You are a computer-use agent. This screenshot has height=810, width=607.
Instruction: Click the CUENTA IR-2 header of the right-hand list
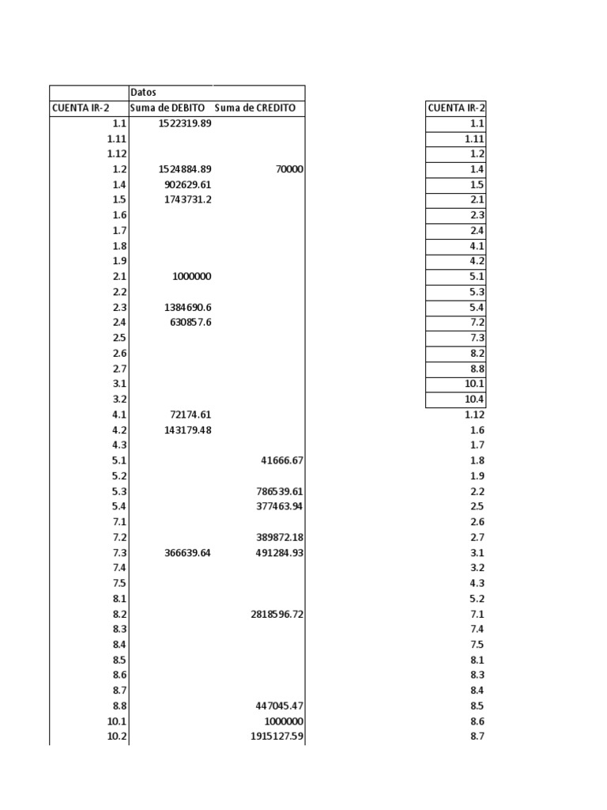[456, 108]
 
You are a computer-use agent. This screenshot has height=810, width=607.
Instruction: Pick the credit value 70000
[289, 169]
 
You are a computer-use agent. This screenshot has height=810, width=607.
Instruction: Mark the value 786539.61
[277, 491]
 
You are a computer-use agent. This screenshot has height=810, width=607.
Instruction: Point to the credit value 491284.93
[277, 553]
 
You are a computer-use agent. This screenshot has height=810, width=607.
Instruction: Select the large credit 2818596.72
[275, 614]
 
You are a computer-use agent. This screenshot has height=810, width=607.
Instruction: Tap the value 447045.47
[277, 706]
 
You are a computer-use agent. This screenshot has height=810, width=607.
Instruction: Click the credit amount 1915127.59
[274, 736]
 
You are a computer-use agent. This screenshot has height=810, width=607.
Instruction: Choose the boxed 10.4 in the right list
[474, 399]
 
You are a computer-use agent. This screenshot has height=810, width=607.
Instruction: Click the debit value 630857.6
[190, 322]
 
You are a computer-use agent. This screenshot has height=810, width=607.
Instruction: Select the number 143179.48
[187, 430]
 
